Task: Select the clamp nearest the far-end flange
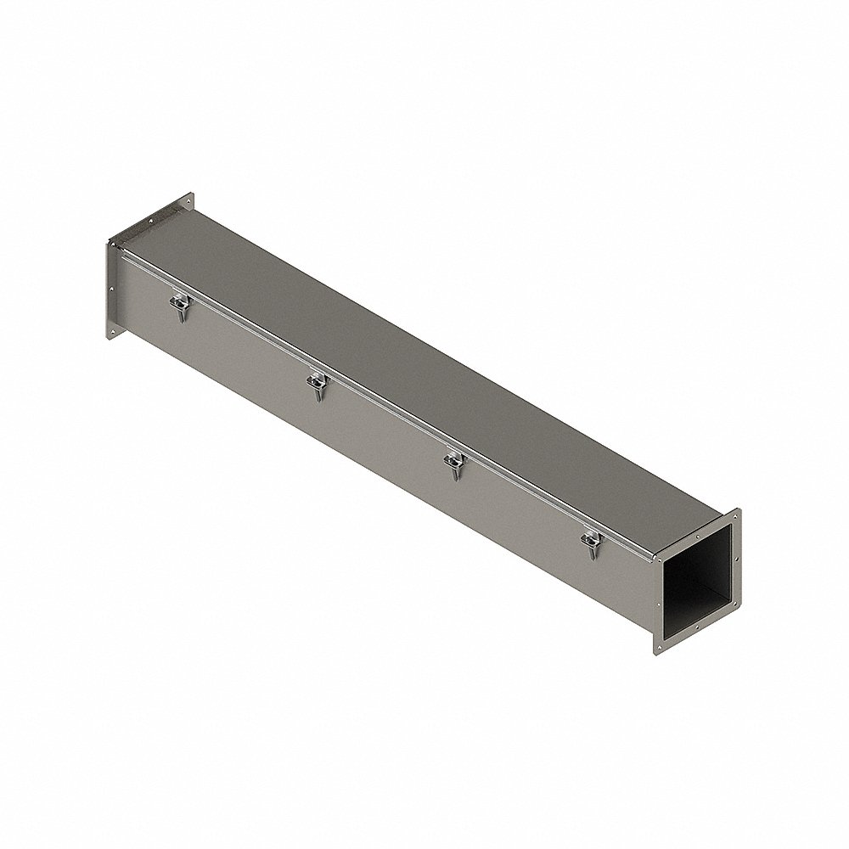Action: click(179, 306)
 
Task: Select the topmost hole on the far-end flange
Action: click(188, 201)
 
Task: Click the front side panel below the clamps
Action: click(382, 441)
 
